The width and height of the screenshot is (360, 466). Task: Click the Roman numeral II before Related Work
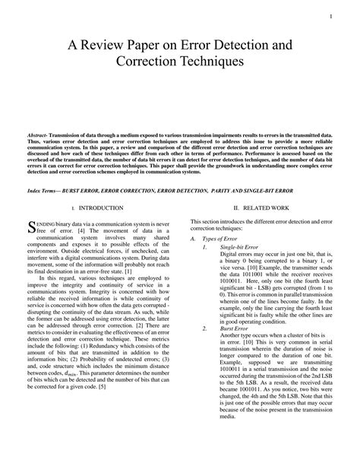(236, 207)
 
